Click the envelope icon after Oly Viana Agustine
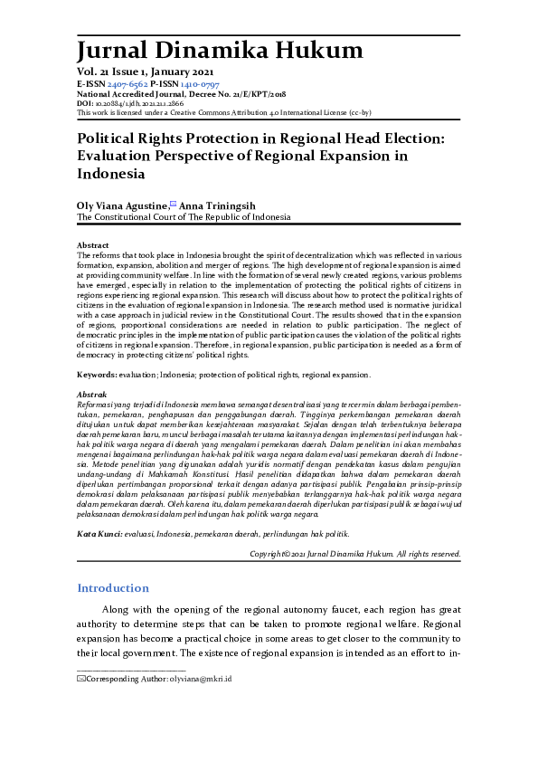click(175, 205)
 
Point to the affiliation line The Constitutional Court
click(184, 218)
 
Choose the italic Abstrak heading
click(93, 395)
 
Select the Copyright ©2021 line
click(354, 553)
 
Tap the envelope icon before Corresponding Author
click(81, 703)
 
